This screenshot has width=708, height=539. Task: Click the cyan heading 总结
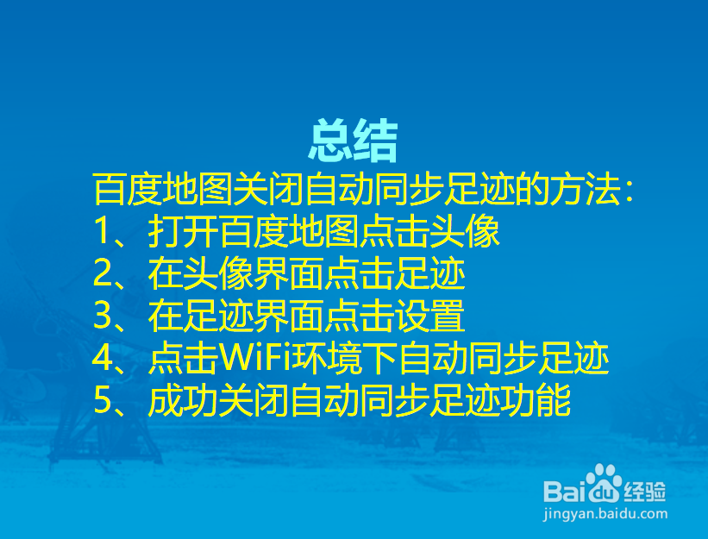[354, 141]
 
